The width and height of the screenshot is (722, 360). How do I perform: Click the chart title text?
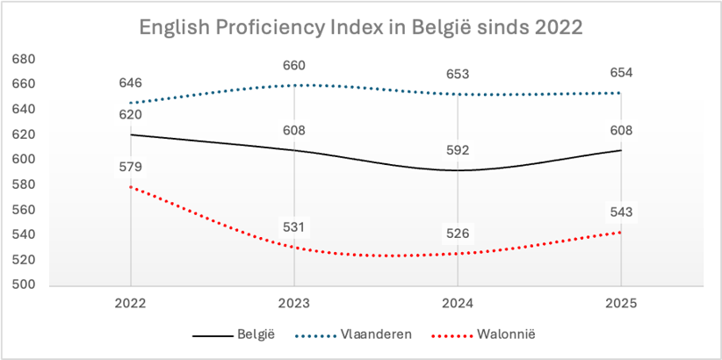click(x=360, y=26)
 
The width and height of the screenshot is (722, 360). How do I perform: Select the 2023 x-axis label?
click(x=294, y=304)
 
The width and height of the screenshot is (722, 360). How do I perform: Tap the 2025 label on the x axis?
click(x=621, y=304)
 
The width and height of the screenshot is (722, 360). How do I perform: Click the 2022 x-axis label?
click(x=130, y=304)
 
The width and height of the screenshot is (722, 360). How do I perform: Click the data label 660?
click(x=294, y=65)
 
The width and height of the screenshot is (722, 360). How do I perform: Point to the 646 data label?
click(x=131, y=83)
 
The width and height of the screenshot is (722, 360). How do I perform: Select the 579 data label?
click(x=131, y=167)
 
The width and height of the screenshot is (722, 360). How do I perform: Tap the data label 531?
click(x=294, y=227)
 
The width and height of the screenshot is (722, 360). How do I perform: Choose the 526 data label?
click(x=458, y=234)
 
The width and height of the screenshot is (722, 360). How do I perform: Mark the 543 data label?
click(x=621, y=212)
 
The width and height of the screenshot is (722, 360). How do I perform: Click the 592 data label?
click(x=458, y=150)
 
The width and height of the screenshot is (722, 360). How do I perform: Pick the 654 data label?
click(x=621, y=73)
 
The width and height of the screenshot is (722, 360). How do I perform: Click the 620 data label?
click(x=131, y=115)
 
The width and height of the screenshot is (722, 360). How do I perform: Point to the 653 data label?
click(x=458, y=74)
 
